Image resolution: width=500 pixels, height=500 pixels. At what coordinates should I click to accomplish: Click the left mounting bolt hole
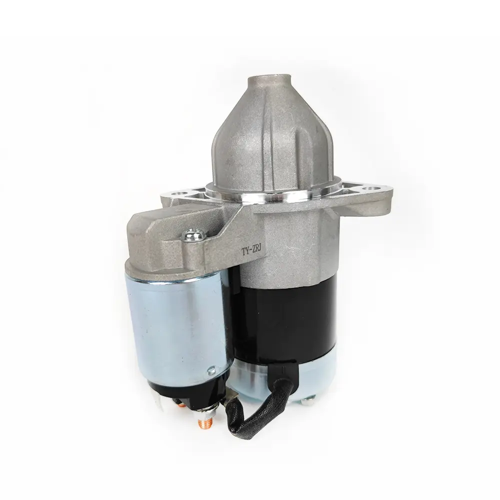177,193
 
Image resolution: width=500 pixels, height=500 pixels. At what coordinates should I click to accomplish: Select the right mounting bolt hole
371,189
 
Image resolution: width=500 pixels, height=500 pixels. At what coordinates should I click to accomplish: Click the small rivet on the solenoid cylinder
211,370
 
